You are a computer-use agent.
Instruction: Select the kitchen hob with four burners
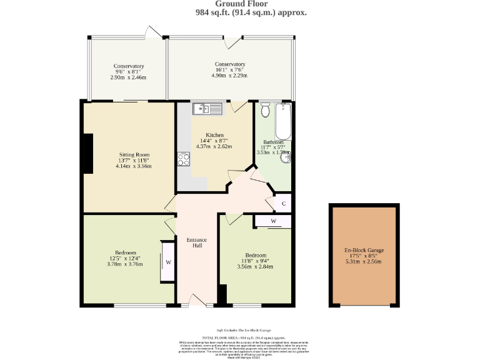coord(184,159)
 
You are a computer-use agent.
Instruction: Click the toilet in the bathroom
coord(264,111)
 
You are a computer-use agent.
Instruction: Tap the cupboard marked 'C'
coord(283,204)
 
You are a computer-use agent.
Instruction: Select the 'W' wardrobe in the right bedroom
coord(273,221)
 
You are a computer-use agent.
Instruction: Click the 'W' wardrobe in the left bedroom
coord(167,262)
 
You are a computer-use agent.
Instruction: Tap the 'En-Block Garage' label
coord(364,250)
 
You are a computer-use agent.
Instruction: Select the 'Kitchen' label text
coord(215,135)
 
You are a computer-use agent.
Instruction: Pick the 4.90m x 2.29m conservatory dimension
coord(229,76)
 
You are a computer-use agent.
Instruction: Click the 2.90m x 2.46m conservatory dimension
coord(129,77)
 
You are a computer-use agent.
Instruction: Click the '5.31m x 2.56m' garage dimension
coord(364,261)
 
